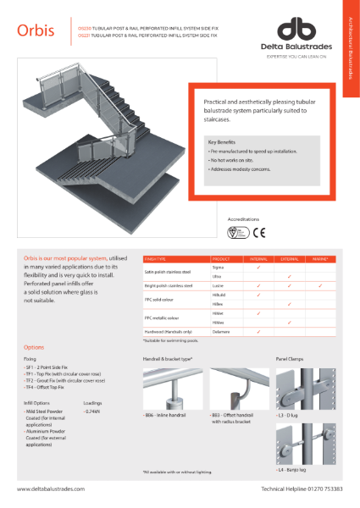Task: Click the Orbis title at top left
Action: point(36,31)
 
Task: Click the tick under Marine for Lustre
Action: point(319,286)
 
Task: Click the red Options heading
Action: point(34,348)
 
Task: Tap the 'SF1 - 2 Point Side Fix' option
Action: point(47,371)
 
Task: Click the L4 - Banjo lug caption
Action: point(291,468)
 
